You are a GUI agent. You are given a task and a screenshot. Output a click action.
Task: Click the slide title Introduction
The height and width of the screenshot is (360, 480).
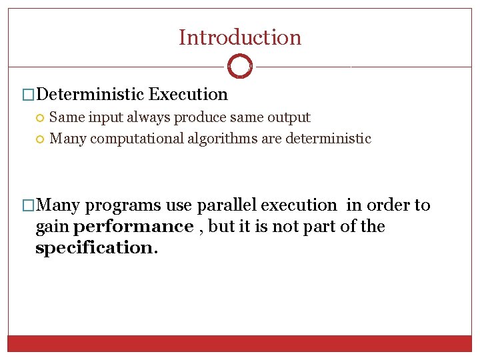click(240, 37)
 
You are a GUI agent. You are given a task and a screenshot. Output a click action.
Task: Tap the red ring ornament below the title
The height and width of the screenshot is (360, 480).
click(240, 67)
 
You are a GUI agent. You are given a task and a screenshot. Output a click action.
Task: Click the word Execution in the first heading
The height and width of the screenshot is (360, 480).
click(189, 95)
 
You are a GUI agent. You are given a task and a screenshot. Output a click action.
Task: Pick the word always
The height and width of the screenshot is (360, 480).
click(146, 117)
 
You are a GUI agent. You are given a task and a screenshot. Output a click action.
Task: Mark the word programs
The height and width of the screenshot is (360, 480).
click(122, 205)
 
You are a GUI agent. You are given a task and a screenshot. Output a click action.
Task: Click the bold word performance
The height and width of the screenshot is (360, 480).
click(133, 227)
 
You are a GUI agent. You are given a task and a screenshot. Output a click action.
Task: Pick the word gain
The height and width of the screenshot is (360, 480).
click(52, 227)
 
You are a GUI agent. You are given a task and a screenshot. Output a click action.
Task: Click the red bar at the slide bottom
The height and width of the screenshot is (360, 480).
click(240, 343)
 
